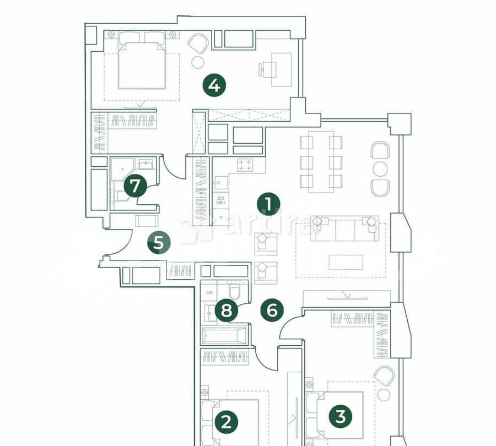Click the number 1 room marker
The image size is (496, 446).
268,204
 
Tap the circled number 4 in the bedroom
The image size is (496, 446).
214,85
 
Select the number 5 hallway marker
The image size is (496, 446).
159,242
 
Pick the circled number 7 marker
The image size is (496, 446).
135,186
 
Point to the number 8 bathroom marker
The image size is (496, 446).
227,311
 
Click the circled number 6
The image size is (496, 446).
272,311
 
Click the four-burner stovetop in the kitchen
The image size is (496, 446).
245,164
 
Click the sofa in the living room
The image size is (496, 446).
344,229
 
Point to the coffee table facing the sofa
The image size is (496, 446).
346,262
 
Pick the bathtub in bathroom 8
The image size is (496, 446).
225,335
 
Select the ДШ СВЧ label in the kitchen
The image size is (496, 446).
220,200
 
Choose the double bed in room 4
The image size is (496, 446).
142,63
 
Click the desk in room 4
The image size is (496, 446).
281,69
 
